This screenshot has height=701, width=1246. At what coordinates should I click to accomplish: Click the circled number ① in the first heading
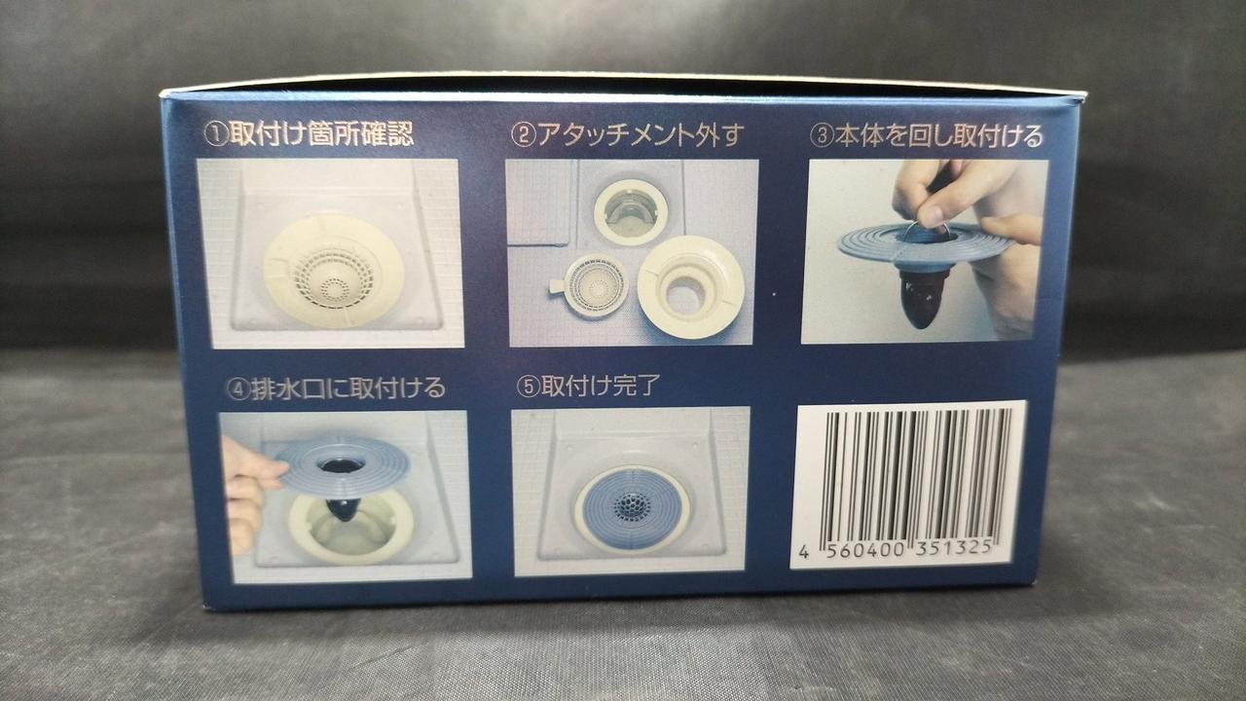(217, 134)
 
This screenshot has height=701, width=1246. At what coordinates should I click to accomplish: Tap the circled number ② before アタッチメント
(523, 134)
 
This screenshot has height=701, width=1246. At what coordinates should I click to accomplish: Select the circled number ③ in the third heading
(822, 136)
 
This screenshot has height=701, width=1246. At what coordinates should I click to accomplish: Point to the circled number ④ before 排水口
(239, 388)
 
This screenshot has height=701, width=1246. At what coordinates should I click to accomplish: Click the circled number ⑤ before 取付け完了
(529, 386)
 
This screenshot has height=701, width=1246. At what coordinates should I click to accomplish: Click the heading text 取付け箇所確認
(321, 134)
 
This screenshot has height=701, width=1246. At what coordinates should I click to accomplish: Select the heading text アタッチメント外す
(640, 135)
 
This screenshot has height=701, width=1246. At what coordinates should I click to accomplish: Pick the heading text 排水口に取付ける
(348, 388)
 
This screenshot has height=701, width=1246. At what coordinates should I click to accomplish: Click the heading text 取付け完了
(601, 385)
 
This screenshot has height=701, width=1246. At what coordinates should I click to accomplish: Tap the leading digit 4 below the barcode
(804, 552)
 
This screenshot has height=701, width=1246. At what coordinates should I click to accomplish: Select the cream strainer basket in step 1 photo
(333, 271)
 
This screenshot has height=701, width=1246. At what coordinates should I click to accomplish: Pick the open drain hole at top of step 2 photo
(630, 212)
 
